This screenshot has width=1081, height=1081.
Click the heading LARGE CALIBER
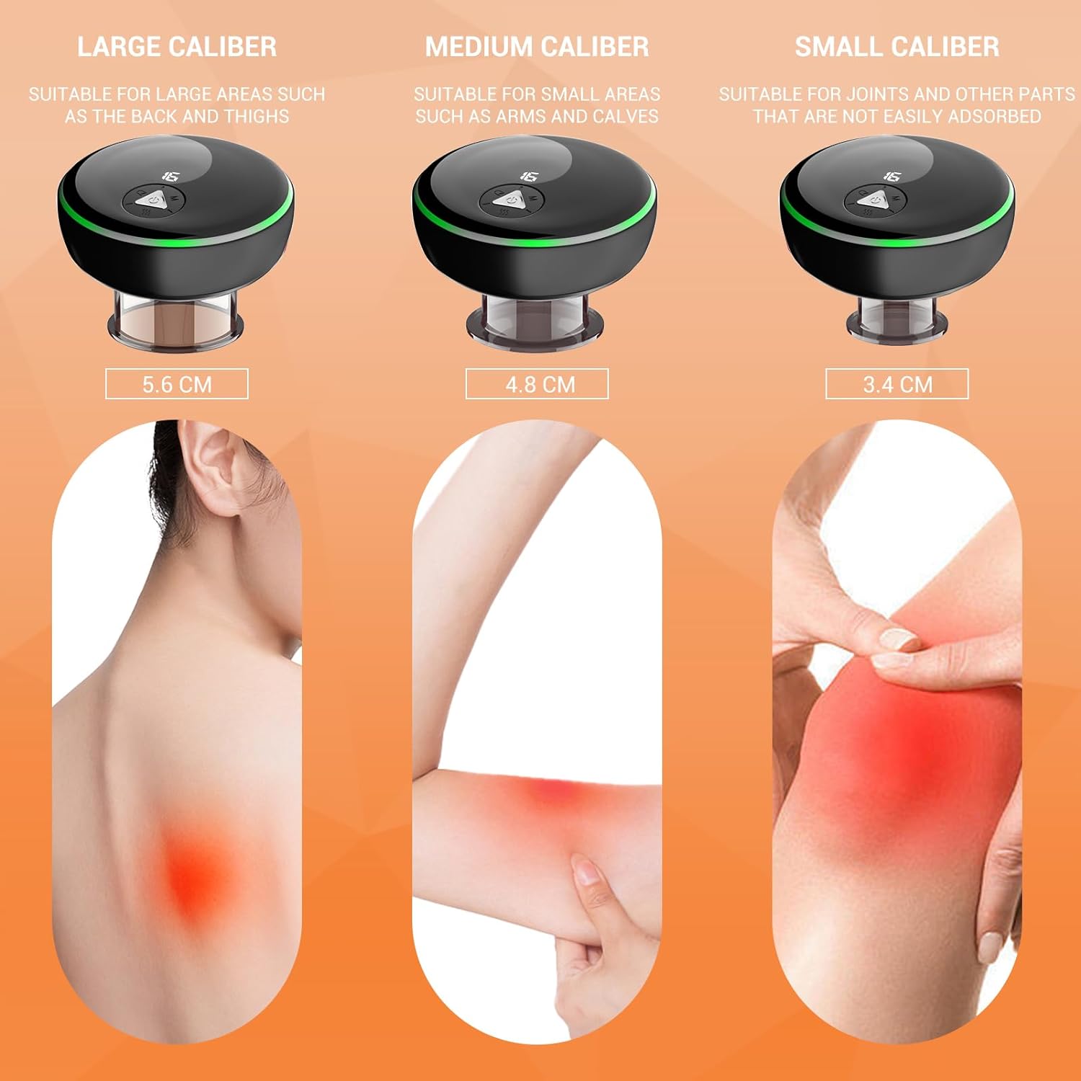[x=177, y=47]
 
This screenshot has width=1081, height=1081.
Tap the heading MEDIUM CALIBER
[x=537, y=47]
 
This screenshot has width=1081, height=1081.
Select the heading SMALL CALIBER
[x=897, y=47]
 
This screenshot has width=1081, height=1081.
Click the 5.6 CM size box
[x=177, y=384]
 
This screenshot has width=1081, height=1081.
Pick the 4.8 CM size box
[x=537, y=384]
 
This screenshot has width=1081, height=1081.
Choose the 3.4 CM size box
[x=897, y=384]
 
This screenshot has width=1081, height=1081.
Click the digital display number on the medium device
[x=530, y=176]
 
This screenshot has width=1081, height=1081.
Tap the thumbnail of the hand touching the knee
[x=900, y=639]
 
